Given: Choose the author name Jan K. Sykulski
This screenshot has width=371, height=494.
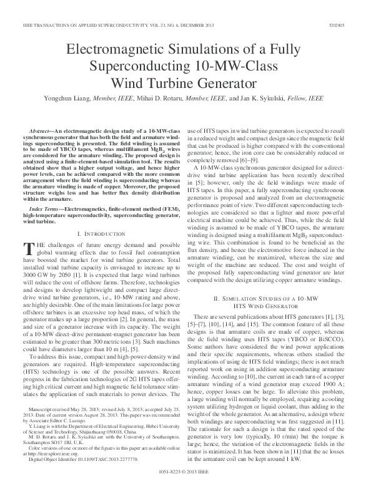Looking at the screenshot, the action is tap(258, 99).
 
